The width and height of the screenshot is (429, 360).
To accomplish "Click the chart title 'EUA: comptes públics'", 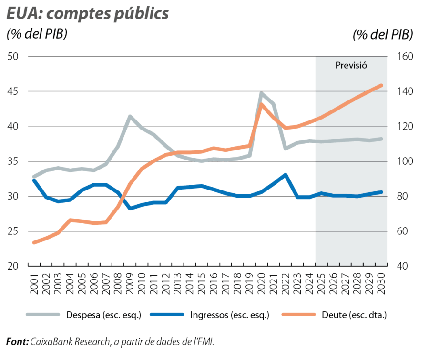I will pyautogui.click(x=88, y=14).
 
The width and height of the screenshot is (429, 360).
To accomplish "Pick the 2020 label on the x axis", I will pyautogui.click(x=262, y=286).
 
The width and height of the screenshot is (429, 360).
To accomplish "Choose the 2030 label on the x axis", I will pyautogui.click(x=381, y=286).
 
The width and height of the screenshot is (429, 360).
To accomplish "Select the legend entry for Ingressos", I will pyautogui.click(x=230, y=315).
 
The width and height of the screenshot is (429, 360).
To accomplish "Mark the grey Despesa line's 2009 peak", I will pyautogui.click(x=130, y=116).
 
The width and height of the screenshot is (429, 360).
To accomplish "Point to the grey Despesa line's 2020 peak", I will pyautogui.click(x=261, y=93).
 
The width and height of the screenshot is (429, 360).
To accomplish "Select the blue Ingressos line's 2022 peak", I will pyautogui.click(x=285, y=174).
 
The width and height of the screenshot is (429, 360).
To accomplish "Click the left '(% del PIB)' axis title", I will pyautogui.click(x=36, y=35).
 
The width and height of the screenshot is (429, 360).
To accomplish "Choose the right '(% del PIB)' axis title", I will pyautogui.click(x=383, y=35).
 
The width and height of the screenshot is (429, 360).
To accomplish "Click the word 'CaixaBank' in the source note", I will pyautogui.click(x=50, y=342).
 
